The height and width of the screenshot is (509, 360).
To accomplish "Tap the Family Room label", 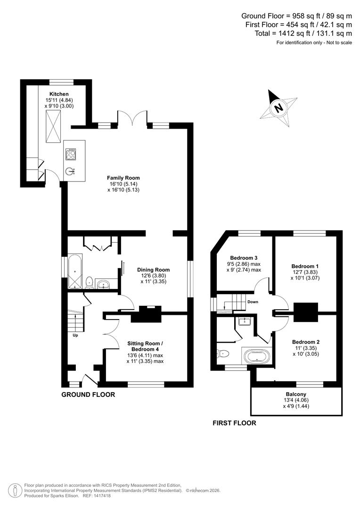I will (x=123, y=178).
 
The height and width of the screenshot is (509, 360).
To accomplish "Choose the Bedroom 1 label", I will (x=306, y=266).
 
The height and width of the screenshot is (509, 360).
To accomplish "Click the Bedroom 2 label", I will (x=306, y=342).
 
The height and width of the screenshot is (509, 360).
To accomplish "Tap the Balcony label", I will (x=296, y=394).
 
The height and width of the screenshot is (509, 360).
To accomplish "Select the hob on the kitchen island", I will (x=72, y=154).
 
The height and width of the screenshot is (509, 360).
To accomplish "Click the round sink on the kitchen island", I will (x=71, y=171).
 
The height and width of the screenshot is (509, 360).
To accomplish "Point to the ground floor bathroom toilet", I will (x=90, y=282).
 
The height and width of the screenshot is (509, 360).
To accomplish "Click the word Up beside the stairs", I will (x=75, y=336).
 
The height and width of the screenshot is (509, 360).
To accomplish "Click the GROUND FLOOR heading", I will (x=88, y=394).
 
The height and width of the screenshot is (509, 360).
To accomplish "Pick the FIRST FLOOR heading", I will (x=234, y=423).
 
